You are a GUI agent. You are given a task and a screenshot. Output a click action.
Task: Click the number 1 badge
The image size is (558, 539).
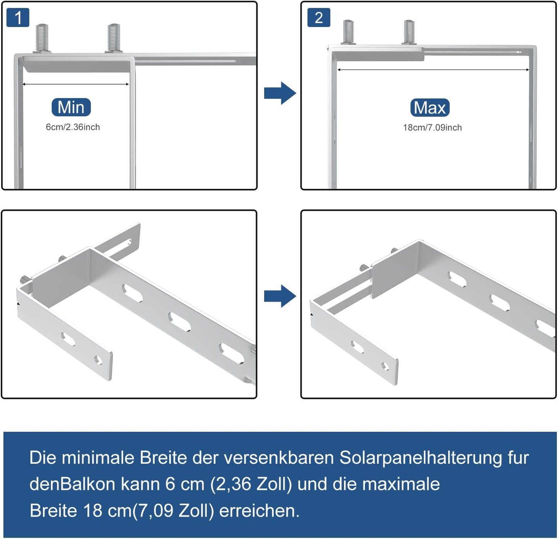(18, 18)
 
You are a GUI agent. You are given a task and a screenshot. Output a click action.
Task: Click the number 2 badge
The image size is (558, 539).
(319, 18)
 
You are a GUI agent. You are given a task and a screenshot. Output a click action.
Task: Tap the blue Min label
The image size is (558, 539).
(71, 107)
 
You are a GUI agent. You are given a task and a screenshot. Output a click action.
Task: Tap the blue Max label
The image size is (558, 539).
(430, 108)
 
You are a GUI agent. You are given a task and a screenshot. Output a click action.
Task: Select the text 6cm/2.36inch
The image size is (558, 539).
(73, 127)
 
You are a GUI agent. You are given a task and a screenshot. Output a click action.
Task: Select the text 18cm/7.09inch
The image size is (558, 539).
(432, 127)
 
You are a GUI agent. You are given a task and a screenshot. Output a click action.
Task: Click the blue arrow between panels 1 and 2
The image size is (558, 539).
(280, 93)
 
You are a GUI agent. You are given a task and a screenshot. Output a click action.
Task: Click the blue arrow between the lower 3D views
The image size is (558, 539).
(280, 296)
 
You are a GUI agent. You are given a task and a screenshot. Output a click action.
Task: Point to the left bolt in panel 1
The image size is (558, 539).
(42, 38)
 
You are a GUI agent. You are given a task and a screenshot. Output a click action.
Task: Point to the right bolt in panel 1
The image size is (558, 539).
(114, 38)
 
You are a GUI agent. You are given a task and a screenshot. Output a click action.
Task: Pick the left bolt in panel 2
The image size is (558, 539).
(349, 32)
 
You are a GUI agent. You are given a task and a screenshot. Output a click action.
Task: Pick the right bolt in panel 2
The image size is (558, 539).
(409, 32)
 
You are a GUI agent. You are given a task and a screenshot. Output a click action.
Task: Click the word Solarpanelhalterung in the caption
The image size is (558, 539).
(421, 458)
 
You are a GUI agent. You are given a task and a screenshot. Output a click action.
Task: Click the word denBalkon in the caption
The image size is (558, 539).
(72, 484)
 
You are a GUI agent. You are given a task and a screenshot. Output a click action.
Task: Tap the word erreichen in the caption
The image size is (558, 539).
(259, 511)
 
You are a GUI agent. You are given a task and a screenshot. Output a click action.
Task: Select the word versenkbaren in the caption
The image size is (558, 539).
(278, 458)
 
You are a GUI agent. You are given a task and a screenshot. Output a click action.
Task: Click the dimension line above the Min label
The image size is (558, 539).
(76, 84)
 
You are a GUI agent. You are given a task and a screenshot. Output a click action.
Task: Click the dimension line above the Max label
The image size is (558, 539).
(433, 70)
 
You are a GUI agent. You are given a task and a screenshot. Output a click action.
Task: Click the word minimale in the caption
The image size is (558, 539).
(98, 458)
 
